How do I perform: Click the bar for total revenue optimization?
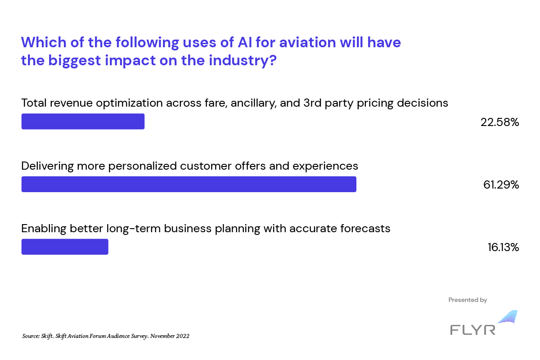[x=83, y=121]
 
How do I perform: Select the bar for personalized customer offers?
[x=189, y=184]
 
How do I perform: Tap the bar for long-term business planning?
[x=65, y=247]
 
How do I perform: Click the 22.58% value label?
[x=499, y=122]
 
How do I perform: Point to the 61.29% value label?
[x=501, y=185]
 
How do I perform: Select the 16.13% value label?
[x=503, y=247]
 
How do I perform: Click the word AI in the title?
[x=245, y=42]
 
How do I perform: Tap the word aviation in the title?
[x=308, y=42]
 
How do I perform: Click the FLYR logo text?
[x=472, y=329]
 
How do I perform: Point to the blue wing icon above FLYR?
[x=508, y=317]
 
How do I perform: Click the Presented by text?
[x=468, y=300]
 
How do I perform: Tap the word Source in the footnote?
[x=31, y=336]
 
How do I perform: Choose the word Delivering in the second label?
[x=47, y=166]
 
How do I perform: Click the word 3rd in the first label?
[x=312, y=103]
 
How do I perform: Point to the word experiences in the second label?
[x=325, y=166]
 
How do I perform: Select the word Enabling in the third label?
[x=44, y=229]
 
